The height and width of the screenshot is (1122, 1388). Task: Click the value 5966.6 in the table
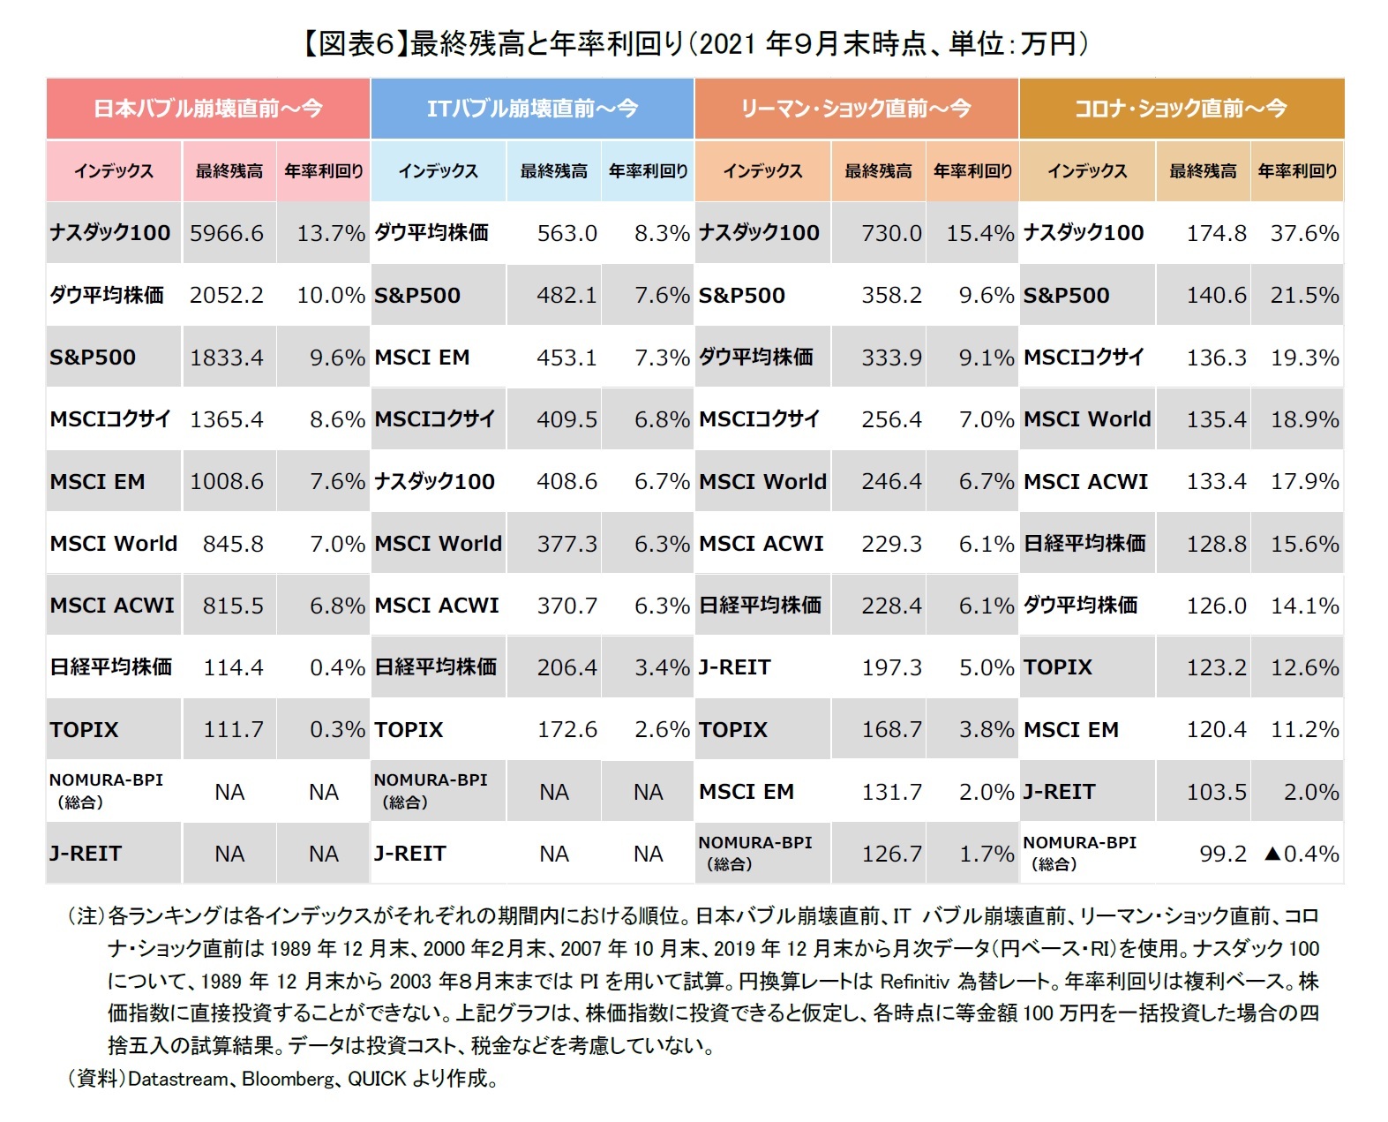pyautogui.click(x=227, y=233)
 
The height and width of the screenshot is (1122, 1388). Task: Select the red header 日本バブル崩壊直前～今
pyautogui.click(x=208, y=109)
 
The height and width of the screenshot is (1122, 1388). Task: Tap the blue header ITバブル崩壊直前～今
pyautogui.click(x=532, y=109)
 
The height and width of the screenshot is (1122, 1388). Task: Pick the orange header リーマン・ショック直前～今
pyautogui.click(x=856, y=109)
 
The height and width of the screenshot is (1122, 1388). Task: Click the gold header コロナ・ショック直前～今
pyautogui.click(x=1181, y=109)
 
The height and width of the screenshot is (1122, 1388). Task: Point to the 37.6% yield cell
pyautogui.click(x=1304, y=233)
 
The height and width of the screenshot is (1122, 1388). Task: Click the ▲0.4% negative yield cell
pyautogui.click(x=1302, y=854)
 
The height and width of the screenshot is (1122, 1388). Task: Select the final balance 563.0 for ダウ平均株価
pyautogui.click(x=566, y=233)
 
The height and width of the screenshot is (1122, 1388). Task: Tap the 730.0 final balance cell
pyautogui.click(x=891, y=233)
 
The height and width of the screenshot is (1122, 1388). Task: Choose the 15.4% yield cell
pyautogui.click(x=979, y=233)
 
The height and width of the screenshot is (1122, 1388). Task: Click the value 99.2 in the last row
pyautogui.click(x=1222, y=854)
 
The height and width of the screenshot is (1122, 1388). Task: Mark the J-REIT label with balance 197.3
pyautogui.click(x=735, y=667)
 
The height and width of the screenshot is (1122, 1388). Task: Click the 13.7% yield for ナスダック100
pyautogui.click(x=330, y=233)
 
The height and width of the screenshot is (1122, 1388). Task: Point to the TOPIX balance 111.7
pyautogui.click(x=233, y=729)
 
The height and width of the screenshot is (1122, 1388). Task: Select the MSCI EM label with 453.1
pyautogui.click(x=422, y=358)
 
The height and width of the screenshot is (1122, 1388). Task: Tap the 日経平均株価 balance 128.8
pyautogui.click(x=1216, y=544)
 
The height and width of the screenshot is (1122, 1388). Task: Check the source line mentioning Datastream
pyautogui.click(x=282, y=1078)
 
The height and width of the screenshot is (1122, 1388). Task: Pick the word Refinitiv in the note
pyautogui.click(x=915, y=981)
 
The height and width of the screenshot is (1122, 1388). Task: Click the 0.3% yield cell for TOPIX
pyautogui.click(x=337, y=729)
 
